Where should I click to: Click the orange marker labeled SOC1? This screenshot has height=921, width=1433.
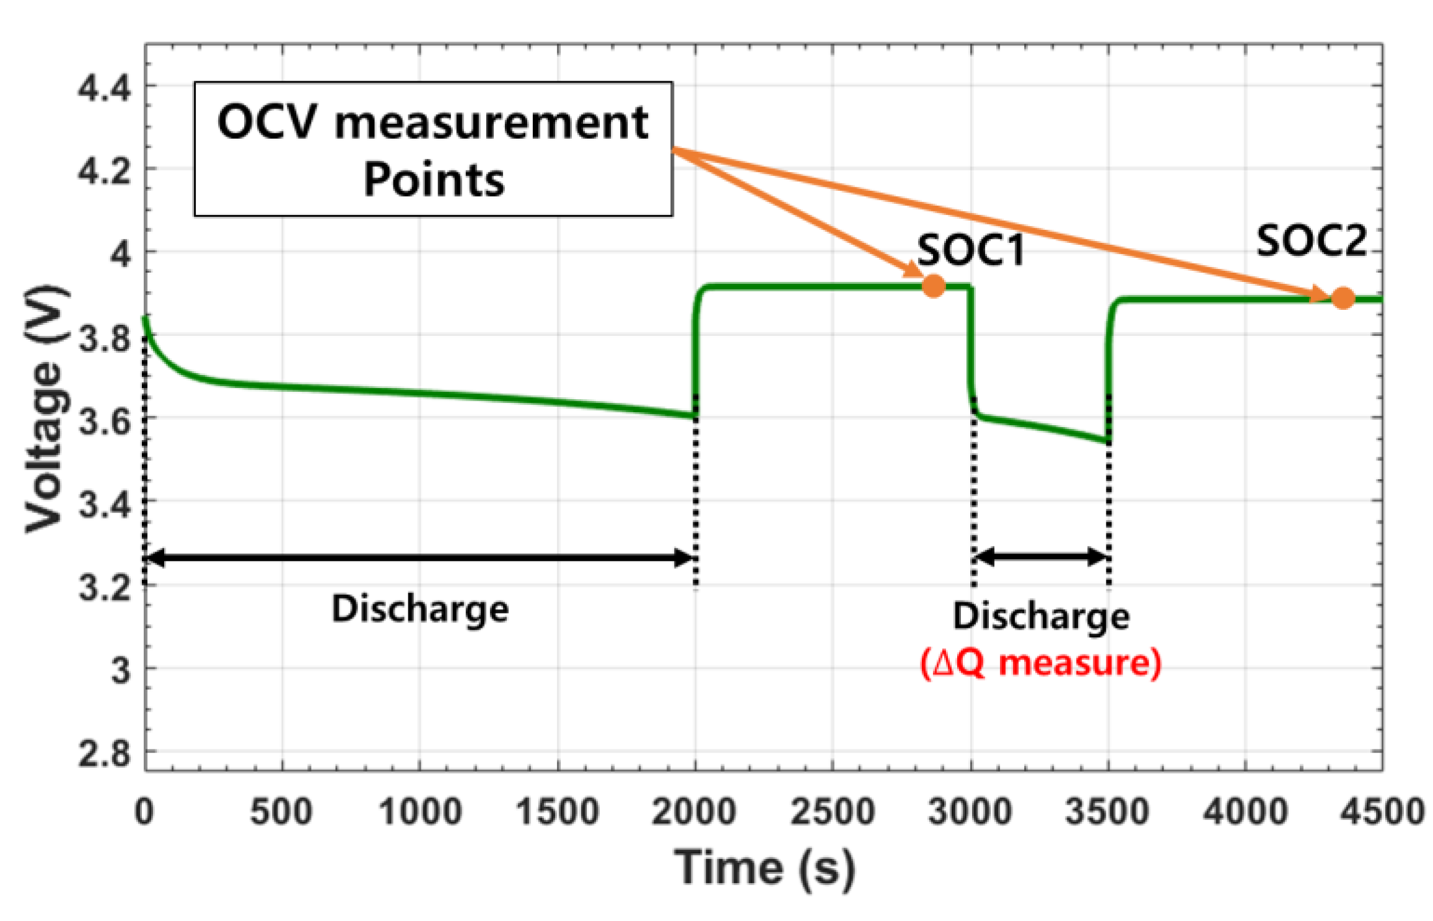tap(933, 286)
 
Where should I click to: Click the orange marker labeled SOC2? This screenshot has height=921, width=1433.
tap(1342, 298)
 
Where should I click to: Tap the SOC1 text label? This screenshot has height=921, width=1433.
tap(970, 251)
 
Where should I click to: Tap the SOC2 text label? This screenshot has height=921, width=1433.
tap(1311, 241)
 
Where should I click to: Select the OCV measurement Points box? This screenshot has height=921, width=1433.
tap(433, 149)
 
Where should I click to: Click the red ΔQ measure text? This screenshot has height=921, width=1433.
tap(1040, 663)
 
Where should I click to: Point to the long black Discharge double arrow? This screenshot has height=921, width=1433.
tap(420, 557)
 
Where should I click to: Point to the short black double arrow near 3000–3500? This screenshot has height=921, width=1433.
tap(1041, 557)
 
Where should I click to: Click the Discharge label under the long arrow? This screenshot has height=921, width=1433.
tap(420, 609)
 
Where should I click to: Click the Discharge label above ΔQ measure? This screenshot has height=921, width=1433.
tap(1041, 617)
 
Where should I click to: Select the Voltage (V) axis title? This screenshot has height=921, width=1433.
tap(45, 409)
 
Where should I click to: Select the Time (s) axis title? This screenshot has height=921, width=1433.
tap(765, 868)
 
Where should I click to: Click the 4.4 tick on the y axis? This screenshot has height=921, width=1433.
tap(105, 87)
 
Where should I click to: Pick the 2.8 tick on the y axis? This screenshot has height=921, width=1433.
tap(105, 754)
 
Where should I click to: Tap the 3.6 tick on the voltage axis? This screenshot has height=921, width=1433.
tap(105, 421)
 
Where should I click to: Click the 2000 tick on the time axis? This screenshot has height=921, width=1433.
tap(694, 811)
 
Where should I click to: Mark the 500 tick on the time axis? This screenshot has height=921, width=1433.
tap(281, 811)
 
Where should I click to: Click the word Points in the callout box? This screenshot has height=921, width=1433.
tap(434, 180)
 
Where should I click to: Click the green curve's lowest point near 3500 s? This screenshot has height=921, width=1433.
tap(1107, 441)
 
